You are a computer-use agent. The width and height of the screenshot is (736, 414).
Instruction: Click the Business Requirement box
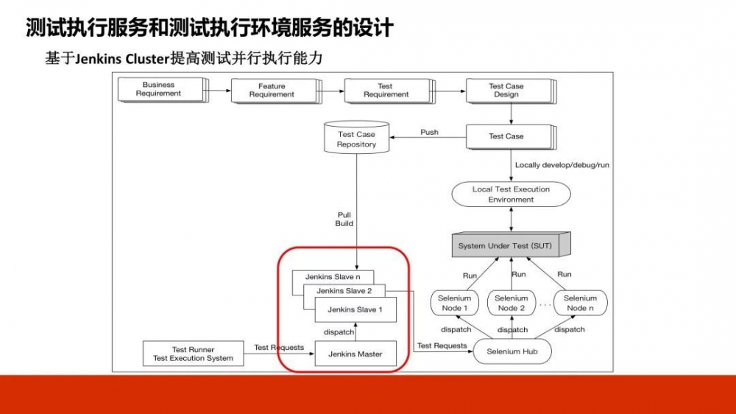pos(158,89)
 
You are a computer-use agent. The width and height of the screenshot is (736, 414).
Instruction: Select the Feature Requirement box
pos(272,91)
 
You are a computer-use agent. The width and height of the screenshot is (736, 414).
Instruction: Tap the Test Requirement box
pos(385,91)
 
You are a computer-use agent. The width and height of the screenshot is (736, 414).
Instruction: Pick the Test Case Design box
pos(506,90)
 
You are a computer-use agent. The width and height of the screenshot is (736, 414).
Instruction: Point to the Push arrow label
pos(429,133)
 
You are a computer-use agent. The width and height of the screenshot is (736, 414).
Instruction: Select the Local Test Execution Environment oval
pos(511,194)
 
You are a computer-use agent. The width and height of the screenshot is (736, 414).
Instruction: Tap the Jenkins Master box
pos(355,354)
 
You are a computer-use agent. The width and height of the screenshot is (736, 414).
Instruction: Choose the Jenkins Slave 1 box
pos(355,310)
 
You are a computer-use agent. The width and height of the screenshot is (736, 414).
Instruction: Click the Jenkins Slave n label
pos(333,277)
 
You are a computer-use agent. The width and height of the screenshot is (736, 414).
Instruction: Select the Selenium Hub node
pos(512,351)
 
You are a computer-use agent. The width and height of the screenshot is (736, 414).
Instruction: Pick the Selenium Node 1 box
pos(454,303)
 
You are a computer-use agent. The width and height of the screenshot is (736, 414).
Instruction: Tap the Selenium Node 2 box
pos(512,303)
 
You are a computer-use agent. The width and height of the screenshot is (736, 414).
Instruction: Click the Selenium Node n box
pos(580,303)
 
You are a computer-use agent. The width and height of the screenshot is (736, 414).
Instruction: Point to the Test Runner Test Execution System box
pos(193,354)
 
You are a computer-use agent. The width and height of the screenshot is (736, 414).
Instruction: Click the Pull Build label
pos(344,219)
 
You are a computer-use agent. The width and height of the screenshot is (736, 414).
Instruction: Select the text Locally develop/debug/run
pos(562,165)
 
